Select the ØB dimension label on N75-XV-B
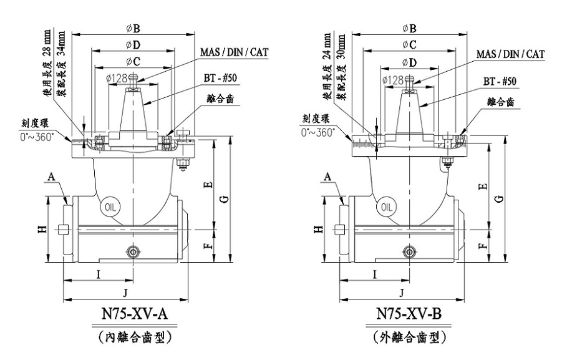click(x=410, y=28)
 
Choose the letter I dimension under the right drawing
click(x=374, y=274)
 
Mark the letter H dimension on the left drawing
click(x=41, y=230)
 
